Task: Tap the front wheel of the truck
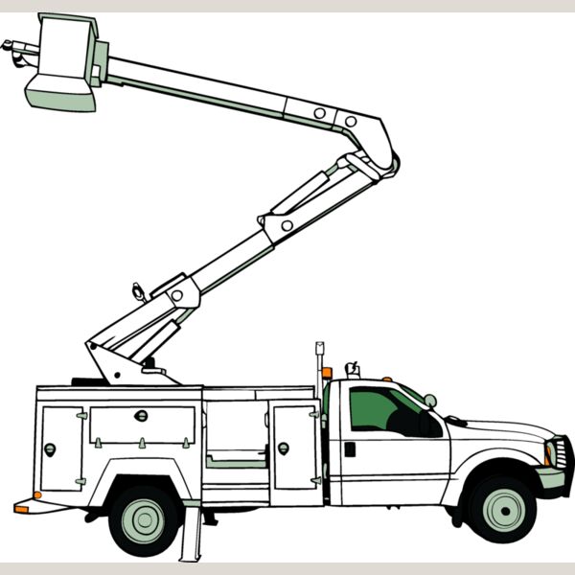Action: (501, 507)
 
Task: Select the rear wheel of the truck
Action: (145, 518)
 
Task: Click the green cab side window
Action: (383, 410)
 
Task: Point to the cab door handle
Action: (350, 448)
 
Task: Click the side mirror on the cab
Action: (430, 401)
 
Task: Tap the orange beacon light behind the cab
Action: (327, 372)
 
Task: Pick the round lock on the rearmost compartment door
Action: (50, 448)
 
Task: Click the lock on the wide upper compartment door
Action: (141, 415)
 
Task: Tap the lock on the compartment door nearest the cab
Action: (283, 448)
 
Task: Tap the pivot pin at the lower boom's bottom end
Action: (177, 295)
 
